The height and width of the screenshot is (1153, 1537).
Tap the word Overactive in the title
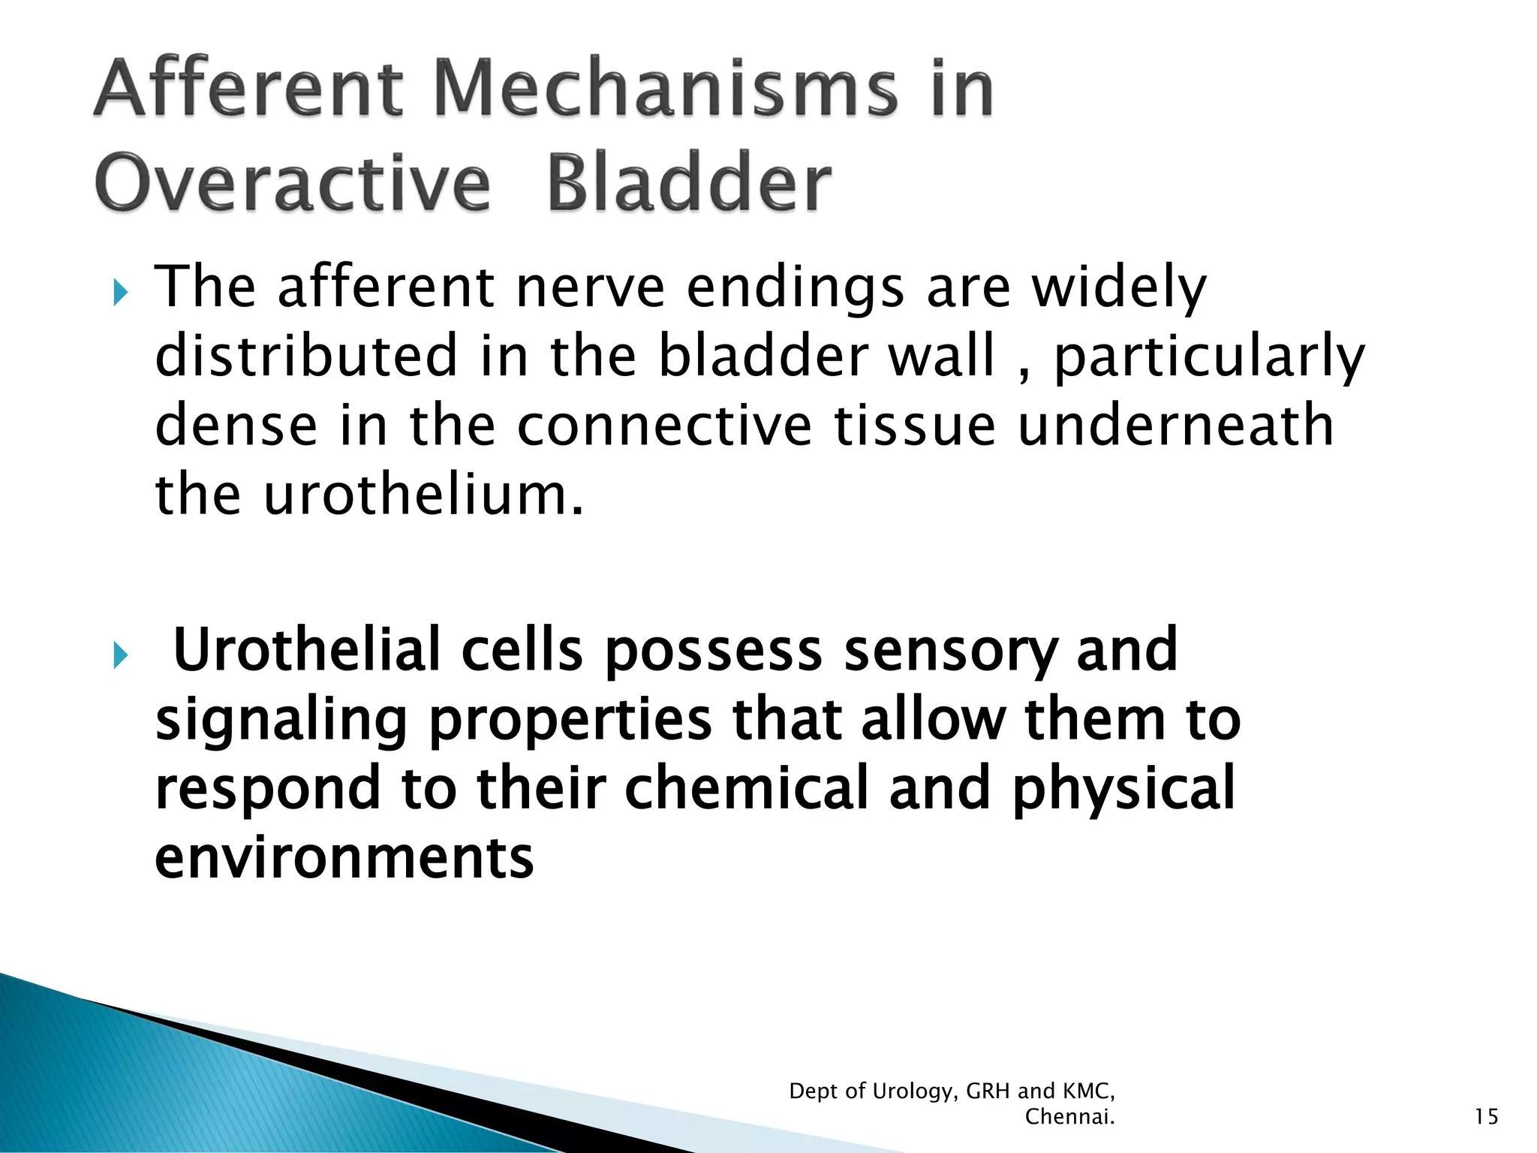click(x=293, y=184)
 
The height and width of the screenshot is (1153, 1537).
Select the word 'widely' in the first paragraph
click(x=1119, y=288)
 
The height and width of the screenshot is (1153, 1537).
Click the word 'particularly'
click(x=1209, y=357)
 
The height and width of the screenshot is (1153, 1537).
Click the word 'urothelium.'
click(x=423, y=495)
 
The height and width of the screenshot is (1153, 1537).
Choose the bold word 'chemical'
click(x=746, y=788)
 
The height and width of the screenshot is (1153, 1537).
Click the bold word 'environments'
click(x=344, y=857)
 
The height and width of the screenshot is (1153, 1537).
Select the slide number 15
click(x=1486, y=1117)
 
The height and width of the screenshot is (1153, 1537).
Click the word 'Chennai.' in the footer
click(x=1069, y=1117)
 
